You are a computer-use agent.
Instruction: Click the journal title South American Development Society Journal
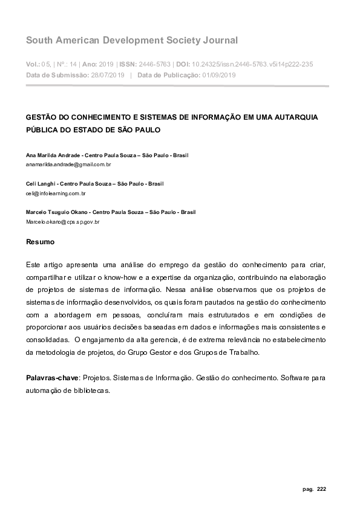132,41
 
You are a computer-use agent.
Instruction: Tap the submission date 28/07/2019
108,75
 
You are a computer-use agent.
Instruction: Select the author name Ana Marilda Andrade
53,155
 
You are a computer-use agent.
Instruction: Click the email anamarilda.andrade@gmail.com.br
68,164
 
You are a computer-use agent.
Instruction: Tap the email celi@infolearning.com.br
56,193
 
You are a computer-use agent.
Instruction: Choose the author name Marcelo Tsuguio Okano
59,212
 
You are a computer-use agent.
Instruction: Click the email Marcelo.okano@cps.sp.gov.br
62,222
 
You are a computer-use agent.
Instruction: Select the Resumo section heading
40,242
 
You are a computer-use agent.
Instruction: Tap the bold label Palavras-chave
52,378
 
